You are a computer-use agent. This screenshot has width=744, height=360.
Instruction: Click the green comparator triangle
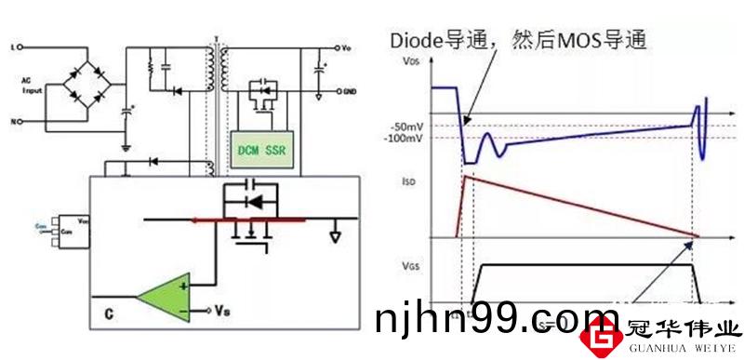pos(164,298)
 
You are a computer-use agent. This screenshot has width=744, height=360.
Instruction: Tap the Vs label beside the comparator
pos(221,308)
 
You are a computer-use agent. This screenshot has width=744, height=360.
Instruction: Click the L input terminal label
pos(11,45)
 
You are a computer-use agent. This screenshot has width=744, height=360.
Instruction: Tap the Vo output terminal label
pos(346,47)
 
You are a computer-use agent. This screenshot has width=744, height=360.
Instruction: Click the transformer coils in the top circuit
pos(218,74)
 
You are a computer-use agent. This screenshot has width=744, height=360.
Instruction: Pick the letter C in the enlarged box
pos(109,315)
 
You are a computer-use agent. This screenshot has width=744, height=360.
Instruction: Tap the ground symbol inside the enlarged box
pos(333,233)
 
